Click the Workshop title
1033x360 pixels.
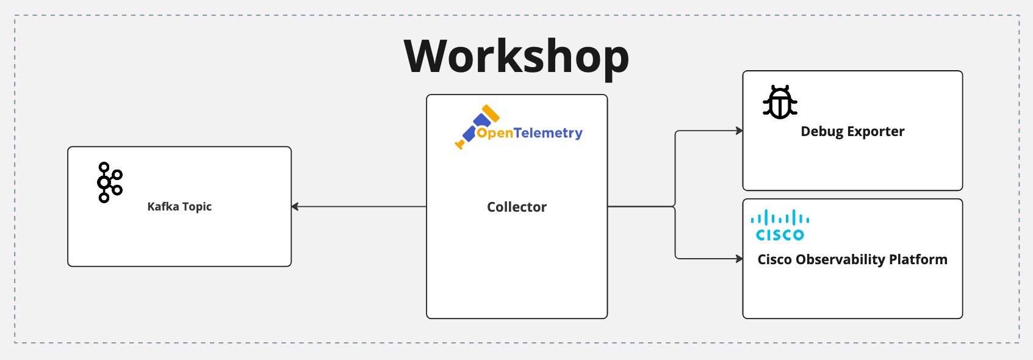click(x=516, y=57)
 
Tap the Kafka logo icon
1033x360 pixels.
click(x=110, y=182)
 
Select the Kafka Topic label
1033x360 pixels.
click(x=179, y=207)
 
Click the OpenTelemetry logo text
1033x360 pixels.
click(x=530, y=133)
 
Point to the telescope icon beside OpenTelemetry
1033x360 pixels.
click(x=477, y=126)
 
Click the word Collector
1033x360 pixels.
click(x=517, y=207)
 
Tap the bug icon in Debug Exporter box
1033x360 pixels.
click(x=780, y=103)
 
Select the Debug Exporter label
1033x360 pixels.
click(x=852, y=132)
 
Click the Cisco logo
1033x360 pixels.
click(x=780, y=226)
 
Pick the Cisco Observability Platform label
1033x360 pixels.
click(x=852, y=260)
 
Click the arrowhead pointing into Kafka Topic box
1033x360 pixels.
click(x=295, y=207)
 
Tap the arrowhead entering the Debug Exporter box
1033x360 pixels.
click(x=739, y=131)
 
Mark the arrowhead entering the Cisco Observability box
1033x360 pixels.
click(x=739, y=259)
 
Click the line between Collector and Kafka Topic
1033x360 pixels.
click(x=360, y=207)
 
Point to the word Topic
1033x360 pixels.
click(x=196, y=207)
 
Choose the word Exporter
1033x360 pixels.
click(x=876, y=132)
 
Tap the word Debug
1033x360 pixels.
click(x=822, y=132)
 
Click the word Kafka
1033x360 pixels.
click(x=163, y=207)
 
